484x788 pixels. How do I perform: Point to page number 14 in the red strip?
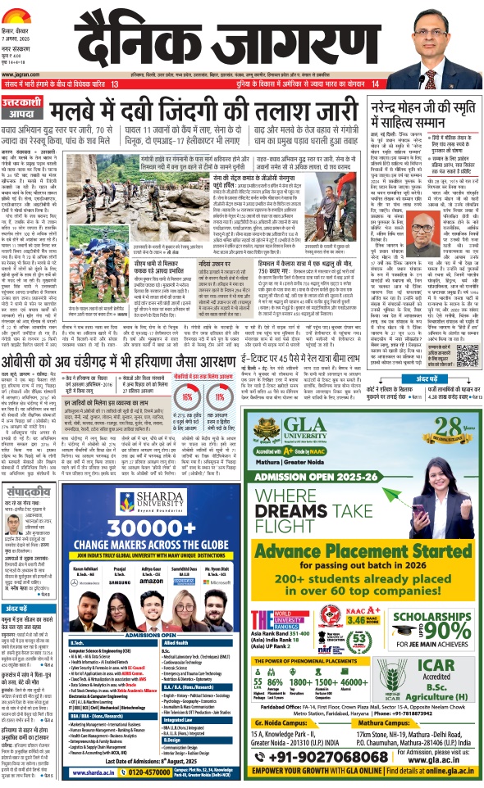click(x=376, y=84)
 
